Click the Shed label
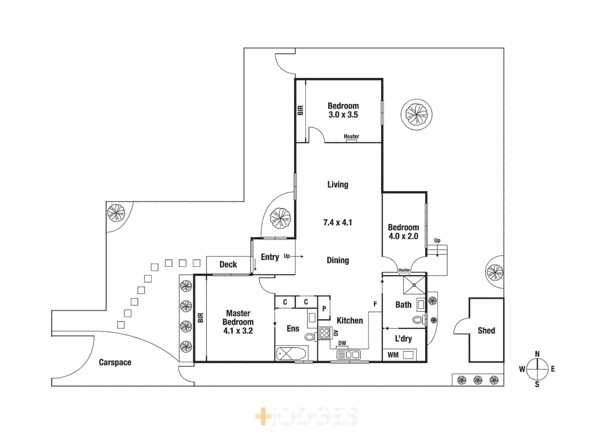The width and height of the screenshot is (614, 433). tap(486, 331)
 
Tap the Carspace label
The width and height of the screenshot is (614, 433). tap(115, 362)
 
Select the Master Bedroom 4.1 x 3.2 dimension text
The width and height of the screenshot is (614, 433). tap(238, 331)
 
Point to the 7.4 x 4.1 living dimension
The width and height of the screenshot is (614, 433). tap(337, 223)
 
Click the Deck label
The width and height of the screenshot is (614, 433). tap(228, 265)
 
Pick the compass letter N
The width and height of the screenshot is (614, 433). tap(537, 354)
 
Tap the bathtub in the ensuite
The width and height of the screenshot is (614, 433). tap(291, 354)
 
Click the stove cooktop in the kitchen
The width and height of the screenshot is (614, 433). tap(324, 333)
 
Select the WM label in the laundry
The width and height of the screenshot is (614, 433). tap(393, 355)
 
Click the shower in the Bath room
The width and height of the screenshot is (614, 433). tap(414, 285)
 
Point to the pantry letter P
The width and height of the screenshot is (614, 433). tap(324, 309)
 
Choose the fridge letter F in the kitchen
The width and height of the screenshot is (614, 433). tap(375, 304)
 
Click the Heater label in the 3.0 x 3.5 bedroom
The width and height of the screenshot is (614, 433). tap(351, 137)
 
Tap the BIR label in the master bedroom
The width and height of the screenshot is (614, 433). tap(200, 318)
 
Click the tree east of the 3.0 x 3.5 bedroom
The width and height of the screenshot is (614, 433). tap(416, 115)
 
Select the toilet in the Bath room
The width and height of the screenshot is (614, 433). tap(418, 320)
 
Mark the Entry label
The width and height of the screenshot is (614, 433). tap(270, 257)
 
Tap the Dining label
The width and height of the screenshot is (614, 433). tap(337, 261)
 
